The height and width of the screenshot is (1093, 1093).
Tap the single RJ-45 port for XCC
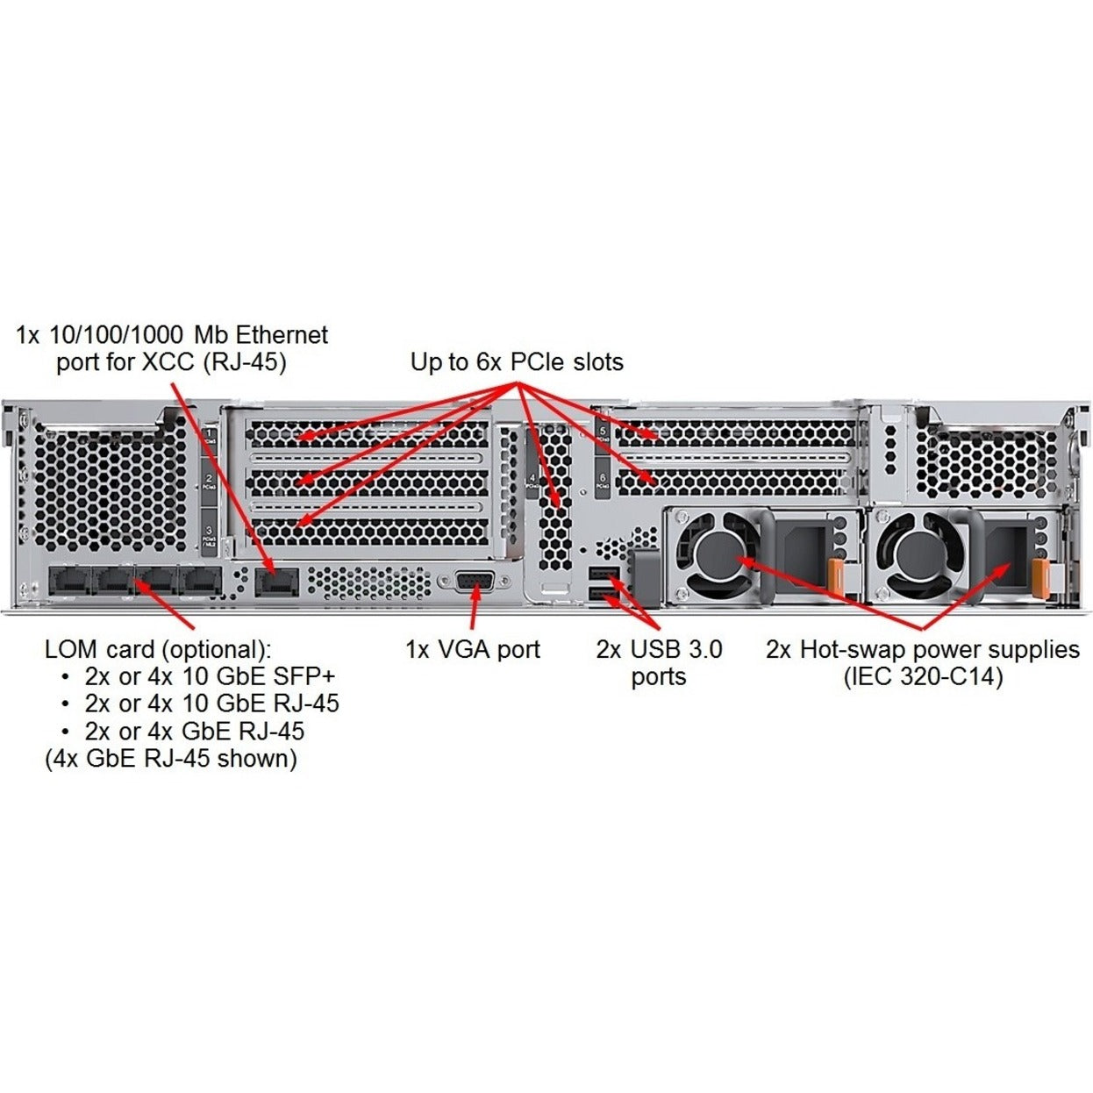point(277,581)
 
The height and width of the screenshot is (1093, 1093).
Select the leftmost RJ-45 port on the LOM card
point(69,580)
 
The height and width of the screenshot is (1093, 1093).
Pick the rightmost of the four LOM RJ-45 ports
point(201,580)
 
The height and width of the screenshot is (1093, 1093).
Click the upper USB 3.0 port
point(603,575)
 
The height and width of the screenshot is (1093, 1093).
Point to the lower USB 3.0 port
point(603,597)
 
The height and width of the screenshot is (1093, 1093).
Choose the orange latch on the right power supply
point(1040,579)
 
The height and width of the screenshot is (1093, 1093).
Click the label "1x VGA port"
point(473,650)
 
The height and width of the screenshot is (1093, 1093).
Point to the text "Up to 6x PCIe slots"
point(517,362)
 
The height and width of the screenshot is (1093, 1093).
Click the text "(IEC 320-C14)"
point(922,677)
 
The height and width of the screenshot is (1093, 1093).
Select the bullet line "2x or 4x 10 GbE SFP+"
point(210,677)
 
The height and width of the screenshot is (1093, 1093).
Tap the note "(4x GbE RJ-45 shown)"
point(171,759)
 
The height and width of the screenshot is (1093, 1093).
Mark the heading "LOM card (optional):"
point(158,650)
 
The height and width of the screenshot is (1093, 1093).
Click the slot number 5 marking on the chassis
point(603,432)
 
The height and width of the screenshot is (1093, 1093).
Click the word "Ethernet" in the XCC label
point(281,335)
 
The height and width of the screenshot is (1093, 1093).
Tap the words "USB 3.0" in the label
point(676,650)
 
